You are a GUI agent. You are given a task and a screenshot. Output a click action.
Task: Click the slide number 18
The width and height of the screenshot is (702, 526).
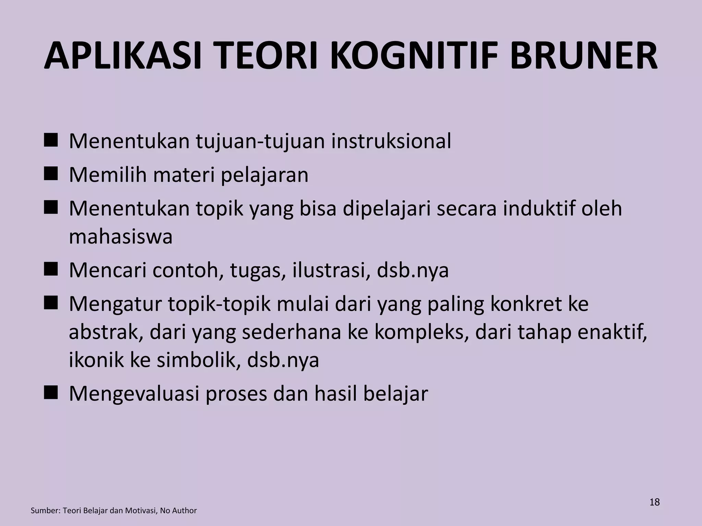click(654, 502)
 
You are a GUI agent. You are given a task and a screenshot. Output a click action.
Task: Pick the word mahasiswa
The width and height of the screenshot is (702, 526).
click(121, 236)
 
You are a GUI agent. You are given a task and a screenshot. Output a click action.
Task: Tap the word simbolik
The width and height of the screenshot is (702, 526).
click(198, 360)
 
